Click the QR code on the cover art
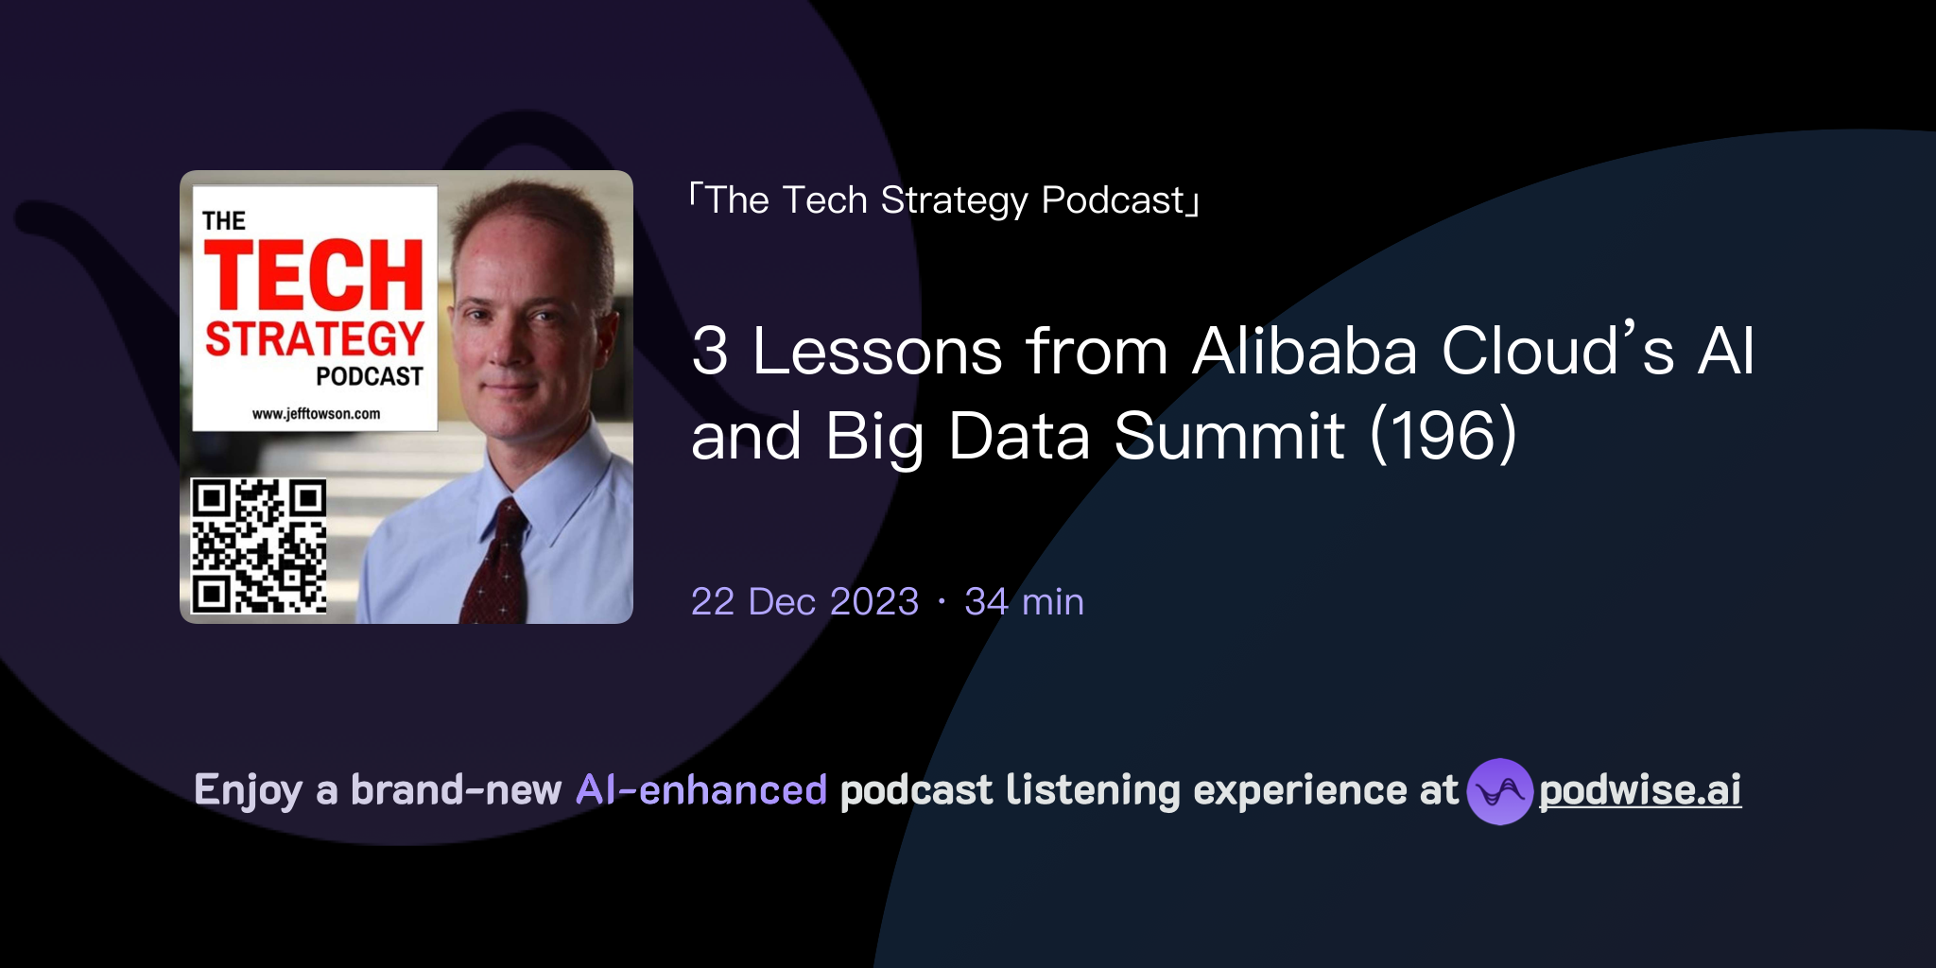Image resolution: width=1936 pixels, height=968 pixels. [x=259, y=545]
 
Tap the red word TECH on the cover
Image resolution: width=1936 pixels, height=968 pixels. [x=313, y=275]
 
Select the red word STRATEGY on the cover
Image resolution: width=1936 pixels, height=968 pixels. [x=315, y=338]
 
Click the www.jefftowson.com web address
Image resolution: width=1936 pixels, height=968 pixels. [x=316, y=413]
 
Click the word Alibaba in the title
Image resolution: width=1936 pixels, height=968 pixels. [x=1305, y=352]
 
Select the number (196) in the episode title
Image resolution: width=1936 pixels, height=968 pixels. [x=1443, y=436]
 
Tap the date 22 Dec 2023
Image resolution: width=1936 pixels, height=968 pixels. [x=804, y=602]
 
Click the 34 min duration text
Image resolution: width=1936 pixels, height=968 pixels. [x=1024, y=602]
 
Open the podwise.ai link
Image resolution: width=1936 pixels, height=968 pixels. [x=1639, y=790]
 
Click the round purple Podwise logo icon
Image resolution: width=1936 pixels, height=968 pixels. [x=1498, y=791]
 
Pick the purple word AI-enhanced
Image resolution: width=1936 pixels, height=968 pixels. [x=701, y=790]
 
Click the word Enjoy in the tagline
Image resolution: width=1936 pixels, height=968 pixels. [x=249, y=790]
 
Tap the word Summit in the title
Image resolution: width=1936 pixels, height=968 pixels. [x=1229, y=436]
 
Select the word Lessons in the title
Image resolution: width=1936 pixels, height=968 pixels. [x=877, y=352]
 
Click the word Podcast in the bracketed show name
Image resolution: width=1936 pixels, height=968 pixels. [x=1113, y=200]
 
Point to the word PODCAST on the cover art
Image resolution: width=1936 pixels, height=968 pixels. [x=369, y=376]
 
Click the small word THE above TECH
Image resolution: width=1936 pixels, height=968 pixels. [x=224, y=221]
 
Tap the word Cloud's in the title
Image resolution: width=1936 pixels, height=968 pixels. [x=1558, y=352]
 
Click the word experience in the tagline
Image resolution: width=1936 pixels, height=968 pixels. [x=1300, y=790]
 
